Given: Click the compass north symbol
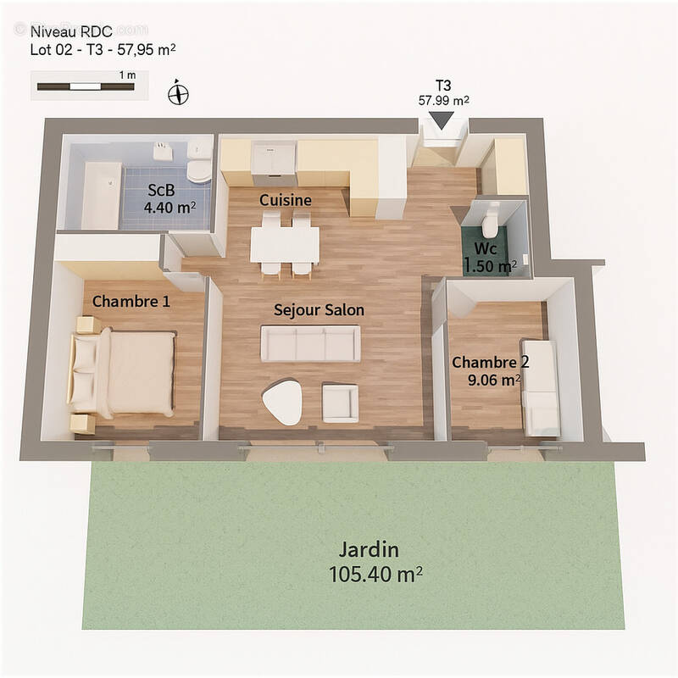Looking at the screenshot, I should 177,92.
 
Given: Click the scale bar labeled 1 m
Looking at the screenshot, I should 84,86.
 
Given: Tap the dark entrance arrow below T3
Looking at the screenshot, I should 442,121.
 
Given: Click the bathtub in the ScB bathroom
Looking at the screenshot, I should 100,195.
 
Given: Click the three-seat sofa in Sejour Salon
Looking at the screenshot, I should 310,343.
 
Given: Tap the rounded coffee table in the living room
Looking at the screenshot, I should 283,402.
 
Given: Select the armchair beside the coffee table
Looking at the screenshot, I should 341,403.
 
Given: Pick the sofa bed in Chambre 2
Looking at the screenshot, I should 540,388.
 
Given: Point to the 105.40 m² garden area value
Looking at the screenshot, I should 375,575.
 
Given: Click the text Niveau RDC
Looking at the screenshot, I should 71,32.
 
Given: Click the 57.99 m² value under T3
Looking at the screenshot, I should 444,100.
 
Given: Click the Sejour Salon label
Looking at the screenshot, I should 319,310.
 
